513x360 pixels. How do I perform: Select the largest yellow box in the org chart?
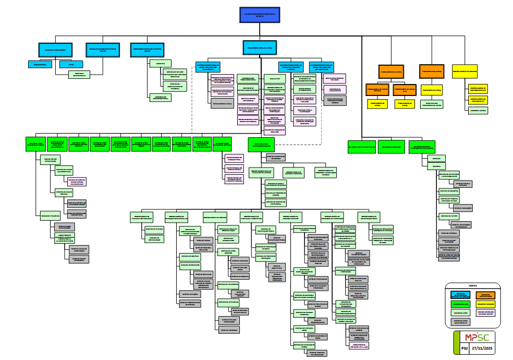tap(465, 71)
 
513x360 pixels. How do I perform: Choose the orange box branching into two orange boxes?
tap(390, 71)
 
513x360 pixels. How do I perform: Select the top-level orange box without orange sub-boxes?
tap(432, 71)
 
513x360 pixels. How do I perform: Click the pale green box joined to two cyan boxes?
tap(79, 74)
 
